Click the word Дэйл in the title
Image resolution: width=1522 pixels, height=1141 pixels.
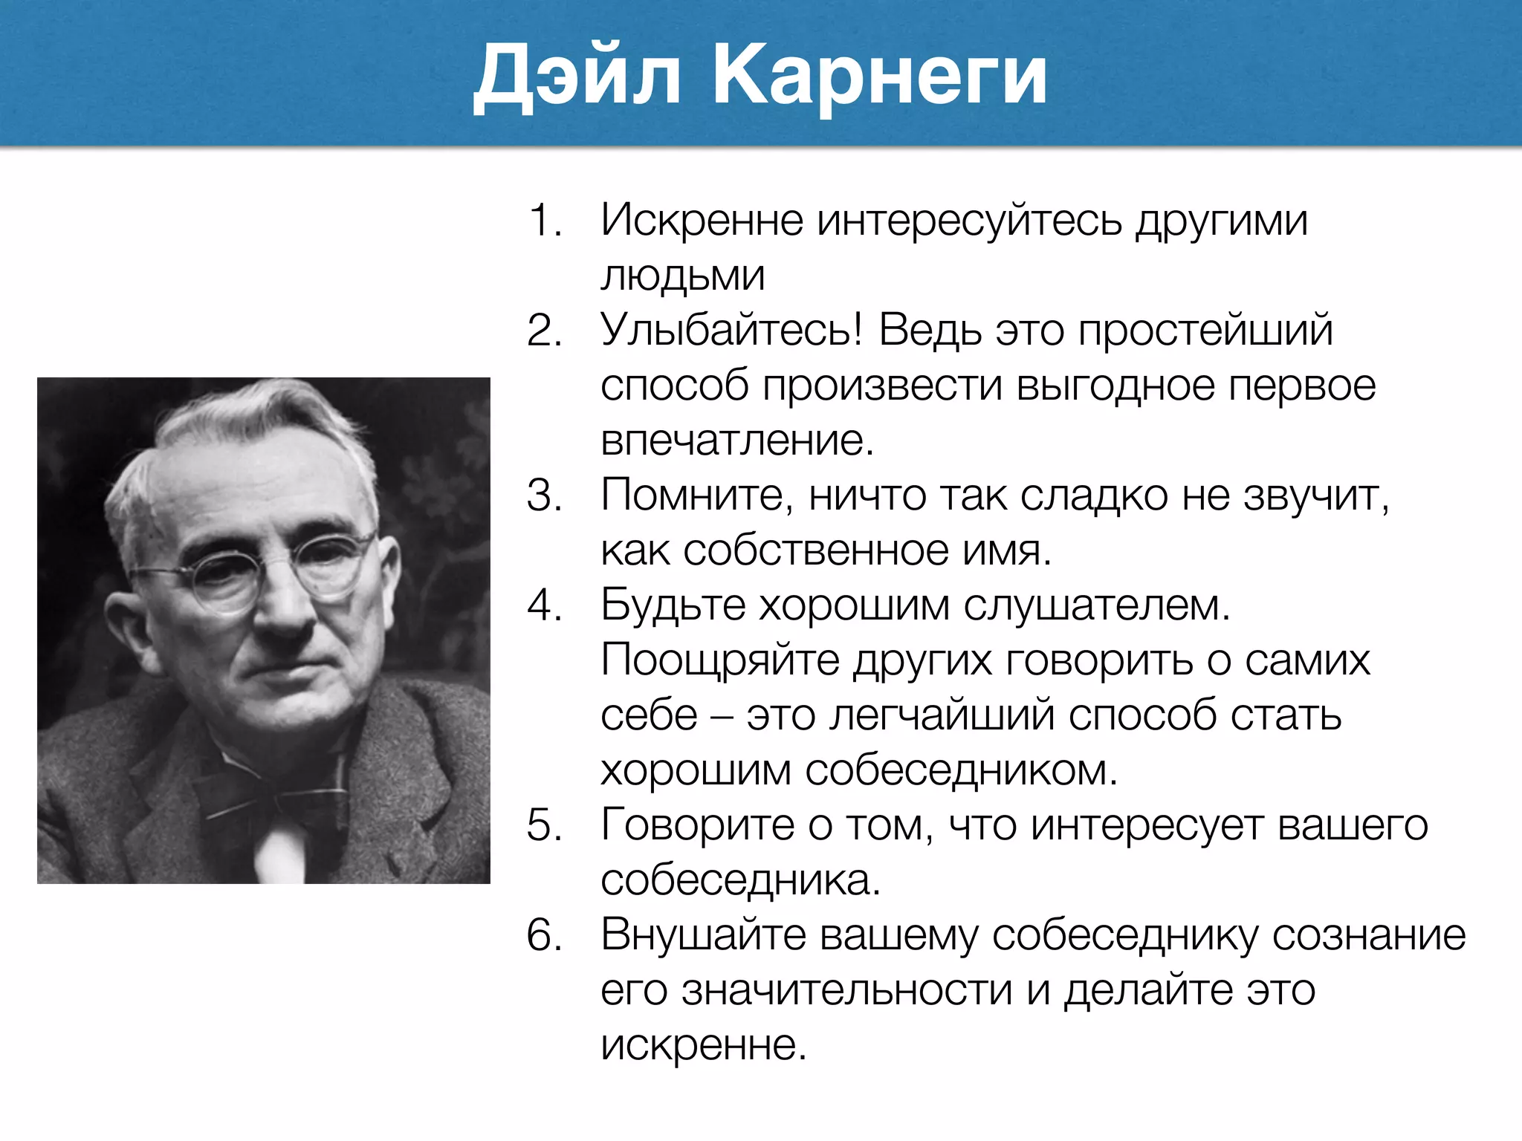[577, 76]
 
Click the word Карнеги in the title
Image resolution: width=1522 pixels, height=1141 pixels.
[879, 76]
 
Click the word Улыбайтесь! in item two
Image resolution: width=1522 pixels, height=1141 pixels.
[731, 330]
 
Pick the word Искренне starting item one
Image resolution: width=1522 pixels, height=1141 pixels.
[702, 221]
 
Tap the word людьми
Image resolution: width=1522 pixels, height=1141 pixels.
[682, 276]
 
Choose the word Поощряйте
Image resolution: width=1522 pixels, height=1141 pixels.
[719, 660]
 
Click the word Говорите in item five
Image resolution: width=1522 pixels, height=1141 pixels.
[699, 825]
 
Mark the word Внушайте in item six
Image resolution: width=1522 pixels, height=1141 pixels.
[703, 935]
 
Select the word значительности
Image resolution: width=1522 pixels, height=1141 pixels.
[847, 990]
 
